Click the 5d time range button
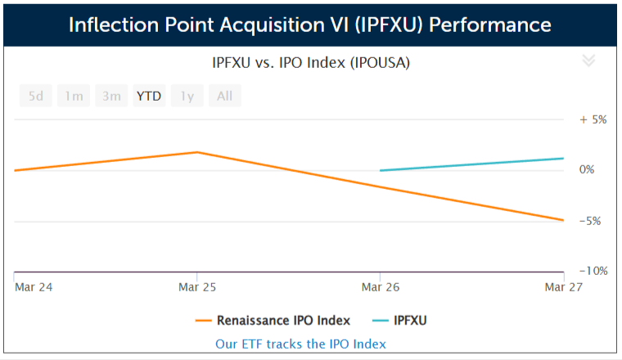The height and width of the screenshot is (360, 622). tap(36, 96)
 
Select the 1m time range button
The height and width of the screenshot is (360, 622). tap(74, 96)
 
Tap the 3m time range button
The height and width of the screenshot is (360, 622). tap(111, 96)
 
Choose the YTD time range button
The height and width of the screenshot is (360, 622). tap(149, 96)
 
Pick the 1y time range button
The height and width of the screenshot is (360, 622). tap(187, 96)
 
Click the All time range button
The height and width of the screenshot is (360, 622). tap(225, 96)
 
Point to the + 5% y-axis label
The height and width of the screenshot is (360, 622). tap(593, 119)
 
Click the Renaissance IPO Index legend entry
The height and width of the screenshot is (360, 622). tap(273, 320)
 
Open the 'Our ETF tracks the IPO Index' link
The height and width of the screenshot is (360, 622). tap(300, 344)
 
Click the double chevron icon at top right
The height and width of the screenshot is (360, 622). tap(588, 60)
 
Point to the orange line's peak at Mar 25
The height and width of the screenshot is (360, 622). tap(197, 152)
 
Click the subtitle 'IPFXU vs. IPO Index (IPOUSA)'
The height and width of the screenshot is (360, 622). tap(310, 61)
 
